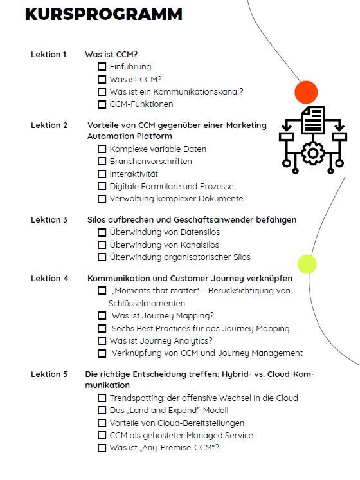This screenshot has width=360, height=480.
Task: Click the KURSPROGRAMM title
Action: tap(104, 14)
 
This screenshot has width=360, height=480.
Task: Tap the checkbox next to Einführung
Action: tap(102, 67)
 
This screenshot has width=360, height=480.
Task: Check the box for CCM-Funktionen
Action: tap(102, 104)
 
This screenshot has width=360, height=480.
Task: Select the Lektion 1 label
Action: tap(48, 55)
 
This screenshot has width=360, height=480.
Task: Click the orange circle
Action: tap(306, 92)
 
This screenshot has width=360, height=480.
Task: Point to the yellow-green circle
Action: tap(307, 264)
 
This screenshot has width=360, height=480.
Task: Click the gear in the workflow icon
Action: tap(312, 152)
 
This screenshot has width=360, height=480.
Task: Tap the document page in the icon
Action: tap(313, 120)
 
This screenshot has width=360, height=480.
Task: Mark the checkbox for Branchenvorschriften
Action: tap(102, 162)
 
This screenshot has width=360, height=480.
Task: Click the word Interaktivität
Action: tap(134, 174)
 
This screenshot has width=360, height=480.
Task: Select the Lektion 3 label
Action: tap(49, 220)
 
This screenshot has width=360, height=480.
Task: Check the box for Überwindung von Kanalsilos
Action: tap(102, 245)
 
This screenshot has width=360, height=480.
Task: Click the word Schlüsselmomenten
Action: tap(147, 303)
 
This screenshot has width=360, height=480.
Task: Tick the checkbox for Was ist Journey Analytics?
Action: tap(102, 341)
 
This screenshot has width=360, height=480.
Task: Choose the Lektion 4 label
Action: tap(50, 278)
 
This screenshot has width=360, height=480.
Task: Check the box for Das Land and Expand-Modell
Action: tap(102, 411)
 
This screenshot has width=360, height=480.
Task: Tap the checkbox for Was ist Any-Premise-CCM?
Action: tap(102, 448)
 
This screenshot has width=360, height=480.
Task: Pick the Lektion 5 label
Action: tap(49, 374)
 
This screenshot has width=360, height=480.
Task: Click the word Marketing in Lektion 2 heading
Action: tap(246, 125)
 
